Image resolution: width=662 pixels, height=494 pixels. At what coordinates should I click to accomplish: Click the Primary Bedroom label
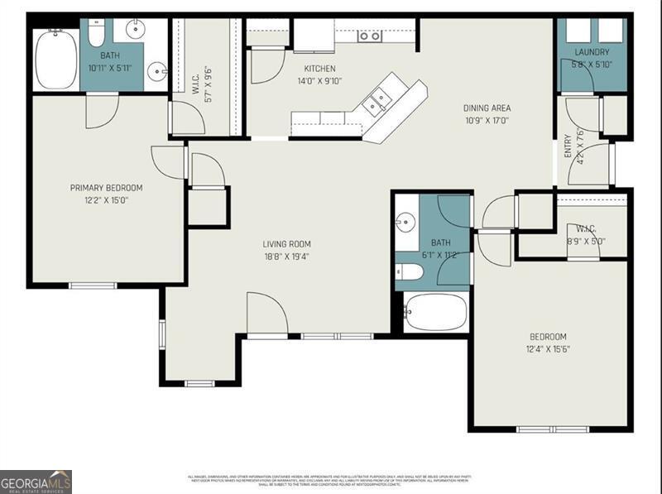click(x=106, y=188)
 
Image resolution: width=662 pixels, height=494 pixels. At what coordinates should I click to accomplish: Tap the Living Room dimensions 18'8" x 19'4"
click(x=286, y=257)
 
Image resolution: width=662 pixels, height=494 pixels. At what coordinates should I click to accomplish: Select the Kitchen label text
click(x=319, y=69)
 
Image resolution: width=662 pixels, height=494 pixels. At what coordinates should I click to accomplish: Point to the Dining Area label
click(x=487, y=108)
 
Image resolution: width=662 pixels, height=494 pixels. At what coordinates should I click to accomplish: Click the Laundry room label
click(x=592, y=53)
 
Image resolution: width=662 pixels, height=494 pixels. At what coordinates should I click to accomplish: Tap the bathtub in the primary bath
click(x=56, y=59)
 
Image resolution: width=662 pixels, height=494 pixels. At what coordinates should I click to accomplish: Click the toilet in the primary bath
click(x=96, y=33)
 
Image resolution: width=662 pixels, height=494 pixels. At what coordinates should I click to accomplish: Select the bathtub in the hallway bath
click(x=435, y=312)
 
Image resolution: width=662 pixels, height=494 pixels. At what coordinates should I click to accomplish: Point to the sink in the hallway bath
click(x=405, y=222)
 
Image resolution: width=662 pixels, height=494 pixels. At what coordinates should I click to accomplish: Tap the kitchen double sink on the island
click(x=379, y=100)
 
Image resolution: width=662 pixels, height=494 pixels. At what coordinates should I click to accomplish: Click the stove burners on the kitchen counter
click(x=369, y=36)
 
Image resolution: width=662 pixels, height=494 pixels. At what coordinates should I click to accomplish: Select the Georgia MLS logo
click(x=36, y=482)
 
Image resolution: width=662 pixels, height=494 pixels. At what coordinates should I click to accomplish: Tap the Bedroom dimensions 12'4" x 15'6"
click(x=548, y=349)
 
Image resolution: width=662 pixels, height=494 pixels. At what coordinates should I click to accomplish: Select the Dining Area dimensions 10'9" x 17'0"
click(x=487, y=121)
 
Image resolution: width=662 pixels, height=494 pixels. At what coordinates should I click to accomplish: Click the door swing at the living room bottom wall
click(x=267, y=314)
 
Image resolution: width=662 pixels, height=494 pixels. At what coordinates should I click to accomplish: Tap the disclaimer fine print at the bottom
click(x=331, y=480)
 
